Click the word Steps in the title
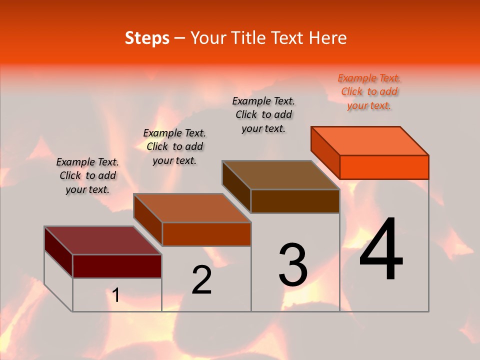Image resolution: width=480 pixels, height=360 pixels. coord(147,38)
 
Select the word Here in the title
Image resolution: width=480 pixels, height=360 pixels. coord(327,38)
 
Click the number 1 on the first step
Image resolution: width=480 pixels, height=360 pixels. coord(116,295)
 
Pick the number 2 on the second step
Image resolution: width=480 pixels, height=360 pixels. coord(201,280)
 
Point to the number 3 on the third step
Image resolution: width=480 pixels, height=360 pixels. coord(293,265)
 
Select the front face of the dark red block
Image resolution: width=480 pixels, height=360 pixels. coord(117,266)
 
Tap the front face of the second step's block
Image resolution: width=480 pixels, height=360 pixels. coord(206,234)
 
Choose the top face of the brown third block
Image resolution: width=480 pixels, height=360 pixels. coord(280,175)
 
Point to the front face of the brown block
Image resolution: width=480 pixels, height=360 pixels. coord(295,201)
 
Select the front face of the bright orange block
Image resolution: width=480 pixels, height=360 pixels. coord(384,167)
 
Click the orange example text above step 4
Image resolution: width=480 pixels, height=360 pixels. coord(369,91)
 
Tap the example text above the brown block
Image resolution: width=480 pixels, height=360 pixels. coord(263,114)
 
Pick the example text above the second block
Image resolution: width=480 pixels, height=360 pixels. coord(174,146)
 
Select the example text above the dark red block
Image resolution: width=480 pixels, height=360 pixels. coord(87,175)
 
